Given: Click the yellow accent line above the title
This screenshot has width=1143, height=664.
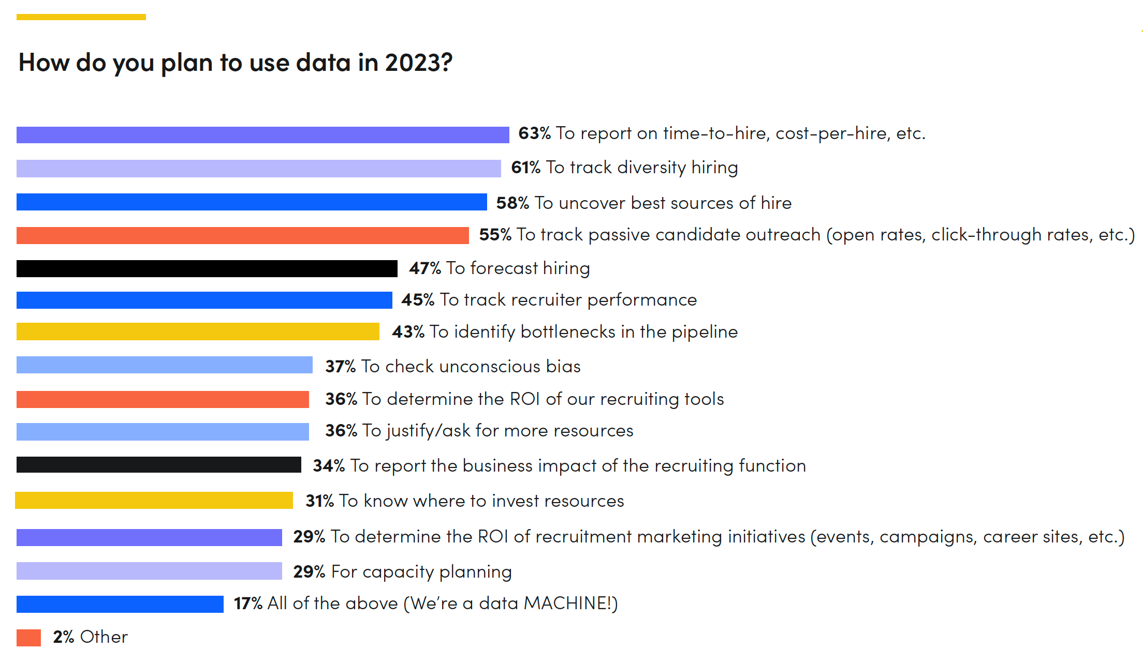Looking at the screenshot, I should pyautogui.click(x=81, y=17).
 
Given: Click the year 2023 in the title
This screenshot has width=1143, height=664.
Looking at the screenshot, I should pyautogui.click(x=418, y=63).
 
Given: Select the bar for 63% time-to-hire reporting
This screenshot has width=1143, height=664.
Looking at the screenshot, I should pyautogui.click(x=262, y=135).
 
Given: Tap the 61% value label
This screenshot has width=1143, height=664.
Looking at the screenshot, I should pyautogui.click(x=525, y=168).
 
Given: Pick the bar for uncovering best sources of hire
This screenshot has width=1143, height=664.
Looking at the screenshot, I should pyautogui.click(x=252, y=202).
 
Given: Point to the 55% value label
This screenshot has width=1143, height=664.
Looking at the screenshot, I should pyautogui.click(x=495, y=235).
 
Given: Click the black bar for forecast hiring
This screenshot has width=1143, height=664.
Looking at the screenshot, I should pyautogui.click(x=207, y=268).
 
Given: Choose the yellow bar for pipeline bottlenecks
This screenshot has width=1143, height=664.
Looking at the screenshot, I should pyautogui.click(x=198, y=331).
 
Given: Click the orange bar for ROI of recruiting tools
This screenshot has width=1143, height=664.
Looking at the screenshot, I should pyautogui.click(x=163, y=399).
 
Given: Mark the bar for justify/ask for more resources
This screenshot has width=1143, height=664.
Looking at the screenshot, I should pyautogui.click(x=163, y=431).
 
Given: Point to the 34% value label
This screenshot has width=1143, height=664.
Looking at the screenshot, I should pyautogui.click(x=329, y=466).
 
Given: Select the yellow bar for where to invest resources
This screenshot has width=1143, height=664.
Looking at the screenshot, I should pyautogui.click(x=154, y=500).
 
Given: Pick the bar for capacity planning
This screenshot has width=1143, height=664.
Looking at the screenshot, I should pyautogui.click(x=149, y=571).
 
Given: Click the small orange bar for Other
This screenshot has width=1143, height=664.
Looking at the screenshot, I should pyautogui.click(x=28, y=638).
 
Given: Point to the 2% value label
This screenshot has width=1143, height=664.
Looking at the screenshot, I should pyautogui.click(x=64, y=637).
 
